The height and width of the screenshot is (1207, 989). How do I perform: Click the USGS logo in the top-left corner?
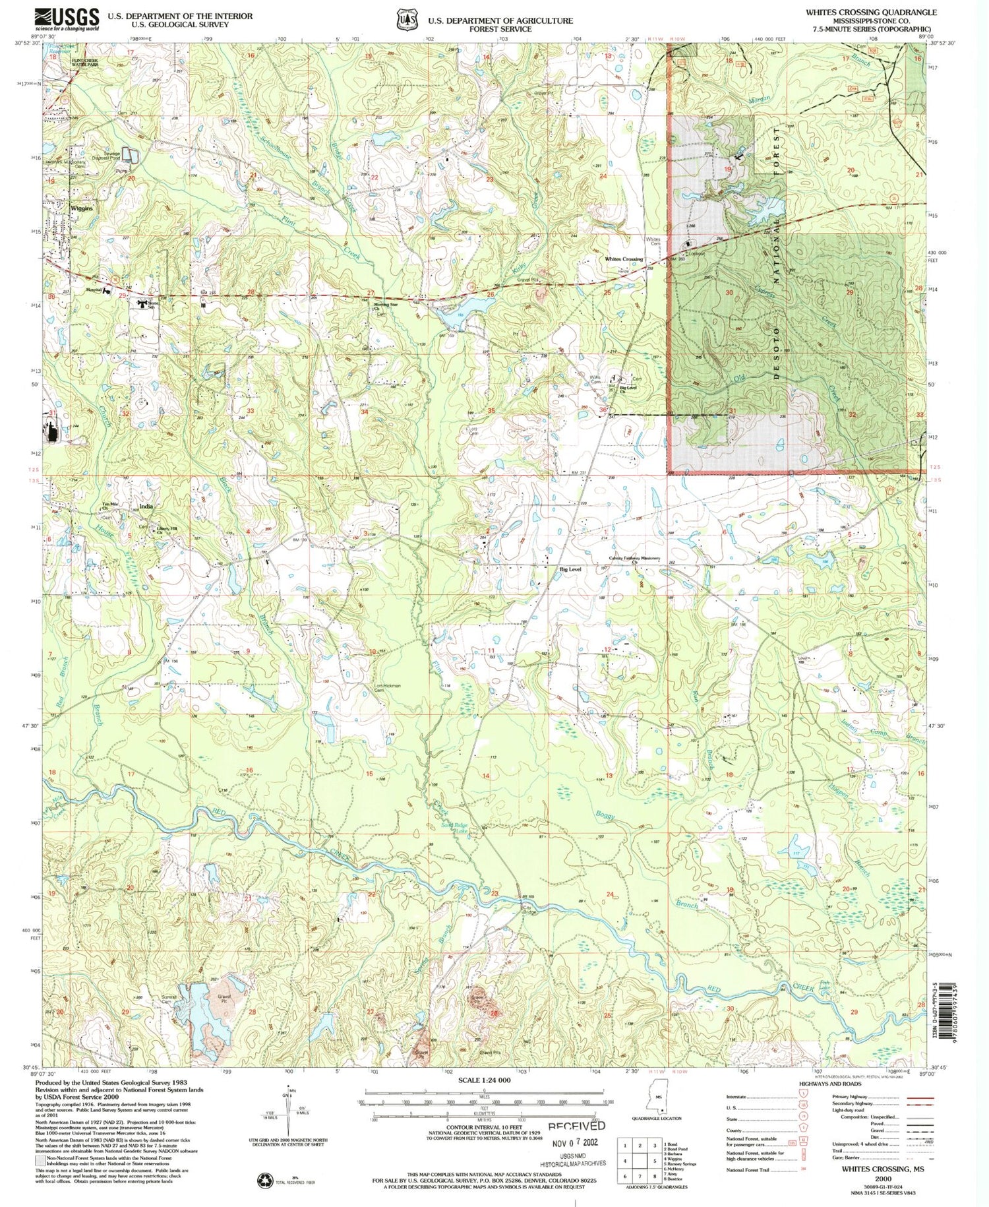click(67, 19)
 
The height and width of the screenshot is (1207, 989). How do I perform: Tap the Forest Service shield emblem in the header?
click(406, 20)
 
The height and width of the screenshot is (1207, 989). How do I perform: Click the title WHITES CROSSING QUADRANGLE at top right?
click(870, 13)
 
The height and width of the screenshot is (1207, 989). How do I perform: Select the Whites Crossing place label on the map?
click(624, 259)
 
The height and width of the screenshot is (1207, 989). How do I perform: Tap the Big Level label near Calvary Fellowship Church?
click(570, 569)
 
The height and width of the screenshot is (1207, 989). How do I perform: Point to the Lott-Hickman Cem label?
click(388, 688)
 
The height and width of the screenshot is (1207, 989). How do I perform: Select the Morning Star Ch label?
click(386, 305)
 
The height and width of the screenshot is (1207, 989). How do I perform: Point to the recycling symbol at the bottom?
click(264, 1179)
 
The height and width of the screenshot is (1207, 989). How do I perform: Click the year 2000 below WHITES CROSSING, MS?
click(883, 1179)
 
